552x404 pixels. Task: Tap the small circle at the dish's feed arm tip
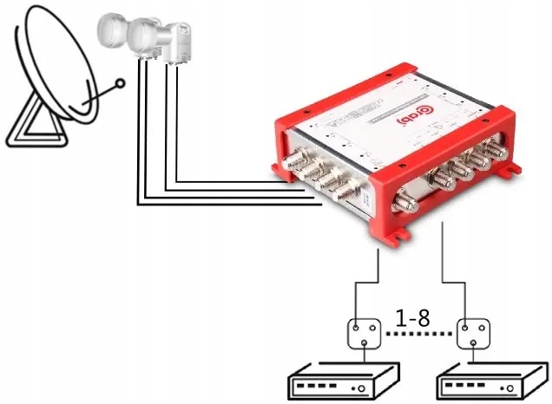click(x=122, y=85)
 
